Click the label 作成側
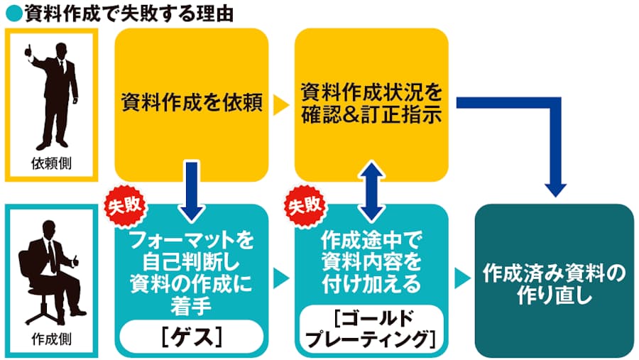[x=54, y=339]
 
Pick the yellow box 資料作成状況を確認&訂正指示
[x=371, y=105]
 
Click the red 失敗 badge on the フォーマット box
[x=126, y=207]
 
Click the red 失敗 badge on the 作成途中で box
[x=306, y=207]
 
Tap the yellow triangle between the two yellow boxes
[x=282, y=106]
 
